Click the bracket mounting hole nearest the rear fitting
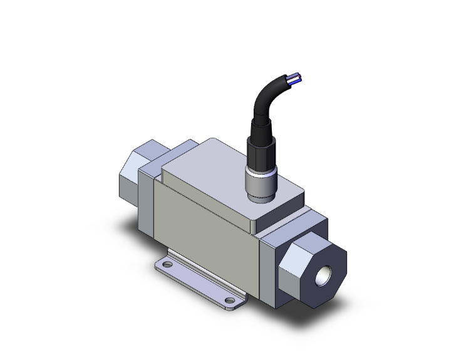167,266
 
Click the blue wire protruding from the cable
293,78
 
